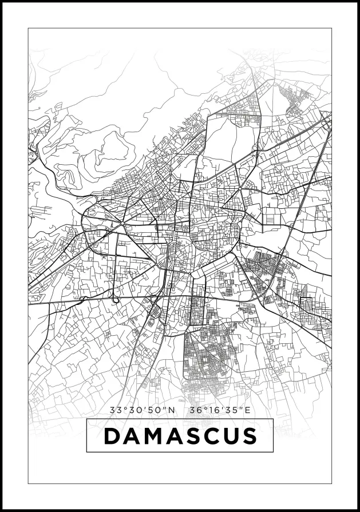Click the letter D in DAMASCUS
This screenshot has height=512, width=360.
pos(112,436)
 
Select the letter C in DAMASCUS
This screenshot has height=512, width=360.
pos(211,436)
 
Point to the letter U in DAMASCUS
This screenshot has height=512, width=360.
pos(230,436)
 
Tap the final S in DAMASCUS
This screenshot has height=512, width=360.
pos(249,436)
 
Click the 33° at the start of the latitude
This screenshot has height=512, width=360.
pos(116,410)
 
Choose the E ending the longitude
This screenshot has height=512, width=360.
pos(248,410)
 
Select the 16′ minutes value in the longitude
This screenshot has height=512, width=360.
pos(214,410)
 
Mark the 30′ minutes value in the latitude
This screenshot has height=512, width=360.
pos(136,410)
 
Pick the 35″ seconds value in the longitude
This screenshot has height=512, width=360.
pos(232,410)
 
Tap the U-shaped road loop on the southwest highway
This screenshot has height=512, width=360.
pos(116,298)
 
